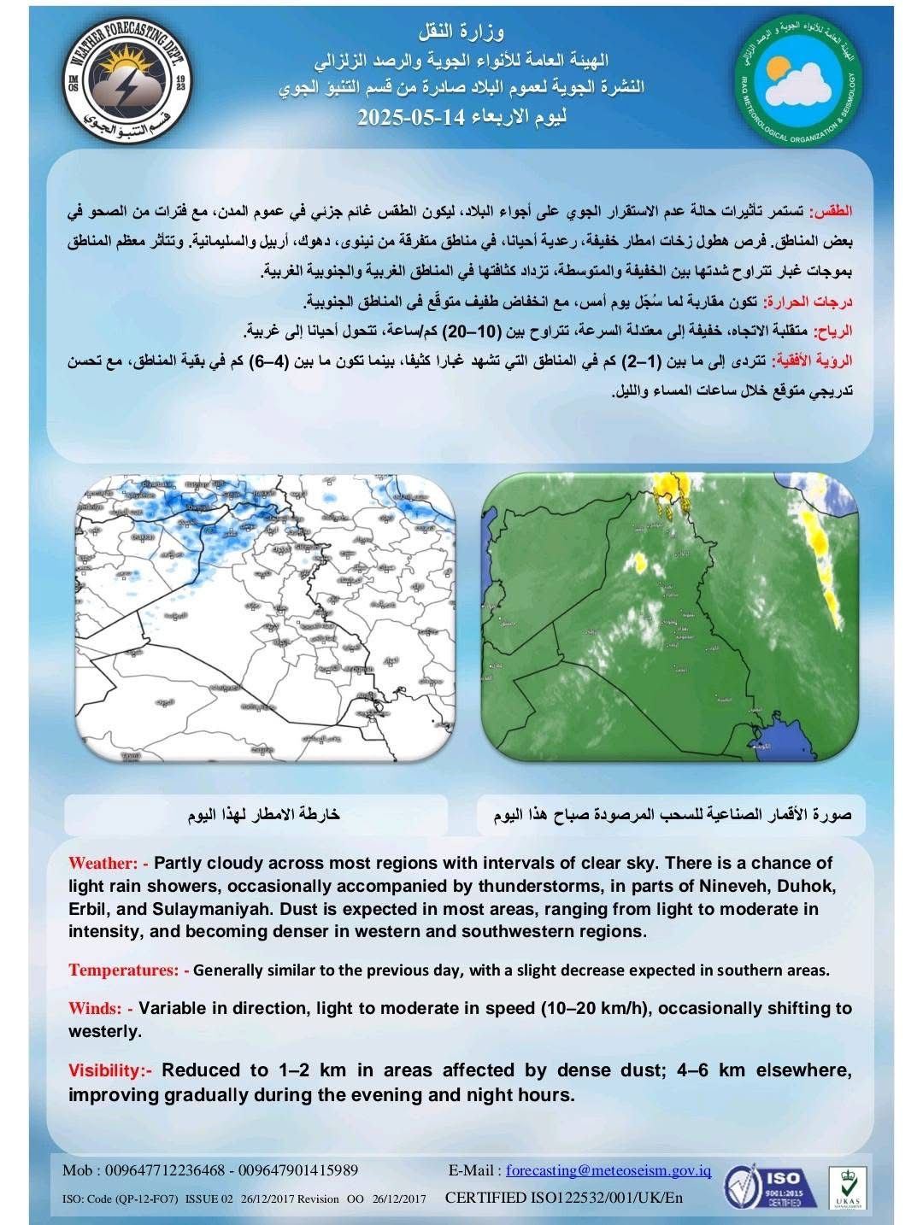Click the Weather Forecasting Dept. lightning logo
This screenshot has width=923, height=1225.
point(130,84)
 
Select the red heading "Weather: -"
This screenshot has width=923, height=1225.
point(109,863)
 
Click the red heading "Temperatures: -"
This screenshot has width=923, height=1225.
point(129,970)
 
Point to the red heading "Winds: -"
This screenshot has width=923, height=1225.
point(100,1009)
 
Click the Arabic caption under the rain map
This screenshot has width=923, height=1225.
point(264,815)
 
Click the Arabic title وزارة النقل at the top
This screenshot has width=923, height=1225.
point(461,33)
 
